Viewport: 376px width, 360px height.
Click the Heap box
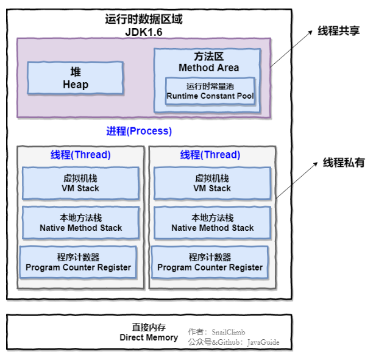[x=76, y=78]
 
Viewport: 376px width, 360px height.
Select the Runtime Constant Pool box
[x=210, y=91]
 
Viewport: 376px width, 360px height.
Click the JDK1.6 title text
[x=144, y=32]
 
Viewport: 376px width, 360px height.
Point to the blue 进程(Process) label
[x=139, y=131]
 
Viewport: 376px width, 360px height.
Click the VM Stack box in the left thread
[x=80, y=183]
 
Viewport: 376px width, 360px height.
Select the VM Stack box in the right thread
[x=212, y=183]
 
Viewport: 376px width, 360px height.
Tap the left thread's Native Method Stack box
[x=80, y=223]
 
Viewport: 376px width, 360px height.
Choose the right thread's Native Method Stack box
[x=212, y=223]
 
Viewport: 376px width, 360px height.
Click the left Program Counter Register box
[x=79, y=263]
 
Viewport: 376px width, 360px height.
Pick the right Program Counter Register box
[x=210, y=263]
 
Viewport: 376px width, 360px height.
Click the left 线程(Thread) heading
[x=80, y=155]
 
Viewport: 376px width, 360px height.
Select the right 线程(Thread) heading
[x=210, y=155]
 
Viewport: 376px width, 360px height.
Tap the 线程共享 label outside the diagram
[x=338, y=30]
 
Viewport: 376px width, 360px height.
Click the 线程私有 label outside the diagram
[x=343, y=163]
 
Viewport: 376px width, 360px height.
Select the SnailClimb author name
[x=229, y=332]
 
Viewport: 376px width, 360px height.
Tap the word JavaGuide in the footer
[x=263, y=342]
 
